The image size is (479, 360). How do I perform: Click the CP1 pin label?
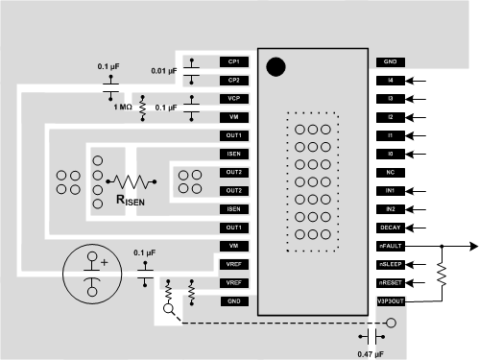(x=234, y=60)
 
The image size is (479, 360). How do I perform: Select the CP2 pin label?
(x=234, y=79)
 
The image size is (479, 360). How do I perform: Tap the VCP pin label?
(x=234, y=98)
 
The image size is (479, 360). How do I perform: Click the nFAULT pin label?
(x=391, y=246)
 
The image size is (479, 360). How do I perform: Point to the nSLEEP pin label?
(x=391, y=264)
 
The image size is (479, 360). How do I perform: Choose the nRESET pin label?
(x=391, y=282)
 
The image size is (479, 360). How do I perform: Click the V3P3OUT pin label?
(x=392, y=300)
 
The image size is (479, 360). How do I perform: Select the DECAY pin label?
(x=391, y=228)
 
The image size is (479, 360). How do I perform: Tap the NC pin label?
(x=391, y=172)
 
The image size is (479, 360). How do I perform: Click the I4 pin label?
(x=391, y=80)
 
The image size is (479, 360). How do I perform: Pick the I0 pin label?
(x=391, y=154)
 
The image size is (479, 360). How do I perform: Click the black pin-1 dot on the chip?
(x=275, y=66)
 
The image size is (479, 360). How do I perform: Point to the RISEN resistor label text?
(x=132, y=201)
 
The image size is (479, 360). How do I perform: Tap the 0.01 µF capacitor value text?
(x=164, y=70)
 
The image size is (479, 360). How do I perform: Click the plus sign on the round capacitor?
(x=104, y=261)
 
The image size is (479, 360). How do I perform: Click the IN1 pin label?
(x=391, y=190)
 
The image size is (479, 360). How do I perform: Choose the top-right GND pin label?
(x=391, y=61)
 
